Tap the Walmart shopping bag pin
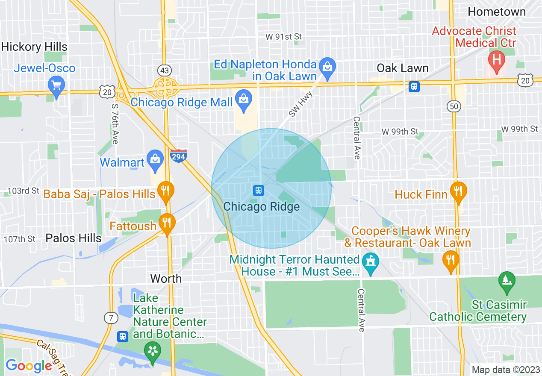tap(155, 160)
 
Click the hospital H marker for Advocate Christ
tap(496, 60)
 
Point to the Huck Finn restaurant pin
tap(458, 191)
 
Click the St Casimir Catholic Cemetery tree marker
tap(507, 282)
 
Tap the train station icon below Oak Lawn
tap(414, 87)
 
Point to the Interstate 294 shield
tap(178, 156)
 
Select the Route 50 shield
tap(453, 107)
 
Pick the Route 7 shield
tap(111, 317)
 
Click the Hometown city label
tap(497, 12)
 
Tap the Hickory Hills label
tap(34, 47)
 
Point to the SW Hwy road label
tap(301, 105)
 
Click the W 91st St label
tap(284, 37)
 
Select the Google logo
tap(29, 366)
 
